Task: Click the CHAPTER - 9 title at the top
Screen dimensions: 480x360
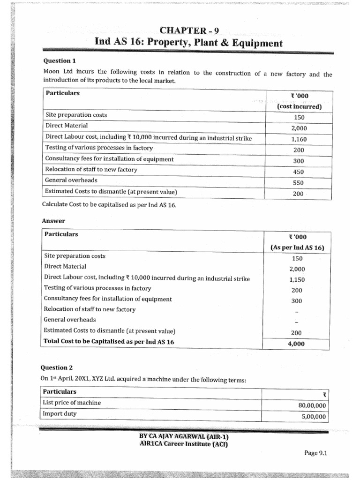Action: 189,31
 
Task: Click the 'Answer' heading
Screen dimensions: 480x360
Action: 53,221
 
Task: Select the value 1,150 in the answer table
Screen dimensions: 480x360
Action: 297,280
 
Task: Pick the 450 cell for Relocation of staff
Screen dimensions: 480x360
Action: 299,172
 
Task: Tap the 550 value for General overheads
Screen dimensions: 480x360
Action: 299,183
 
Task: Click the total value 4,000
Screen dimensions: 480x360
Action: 296,344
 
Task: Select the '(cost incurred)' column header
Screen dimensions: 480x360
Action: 299,106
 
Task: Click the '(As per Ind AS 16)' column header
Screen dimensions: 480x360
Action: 297,248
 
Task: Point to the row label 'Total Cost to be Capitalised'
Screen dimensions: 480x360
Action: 108,342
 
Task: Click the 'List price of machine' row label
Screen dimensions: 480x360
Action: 72,403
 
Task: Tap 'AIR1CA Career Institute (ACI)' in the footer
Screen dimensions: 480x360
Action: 184,444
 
